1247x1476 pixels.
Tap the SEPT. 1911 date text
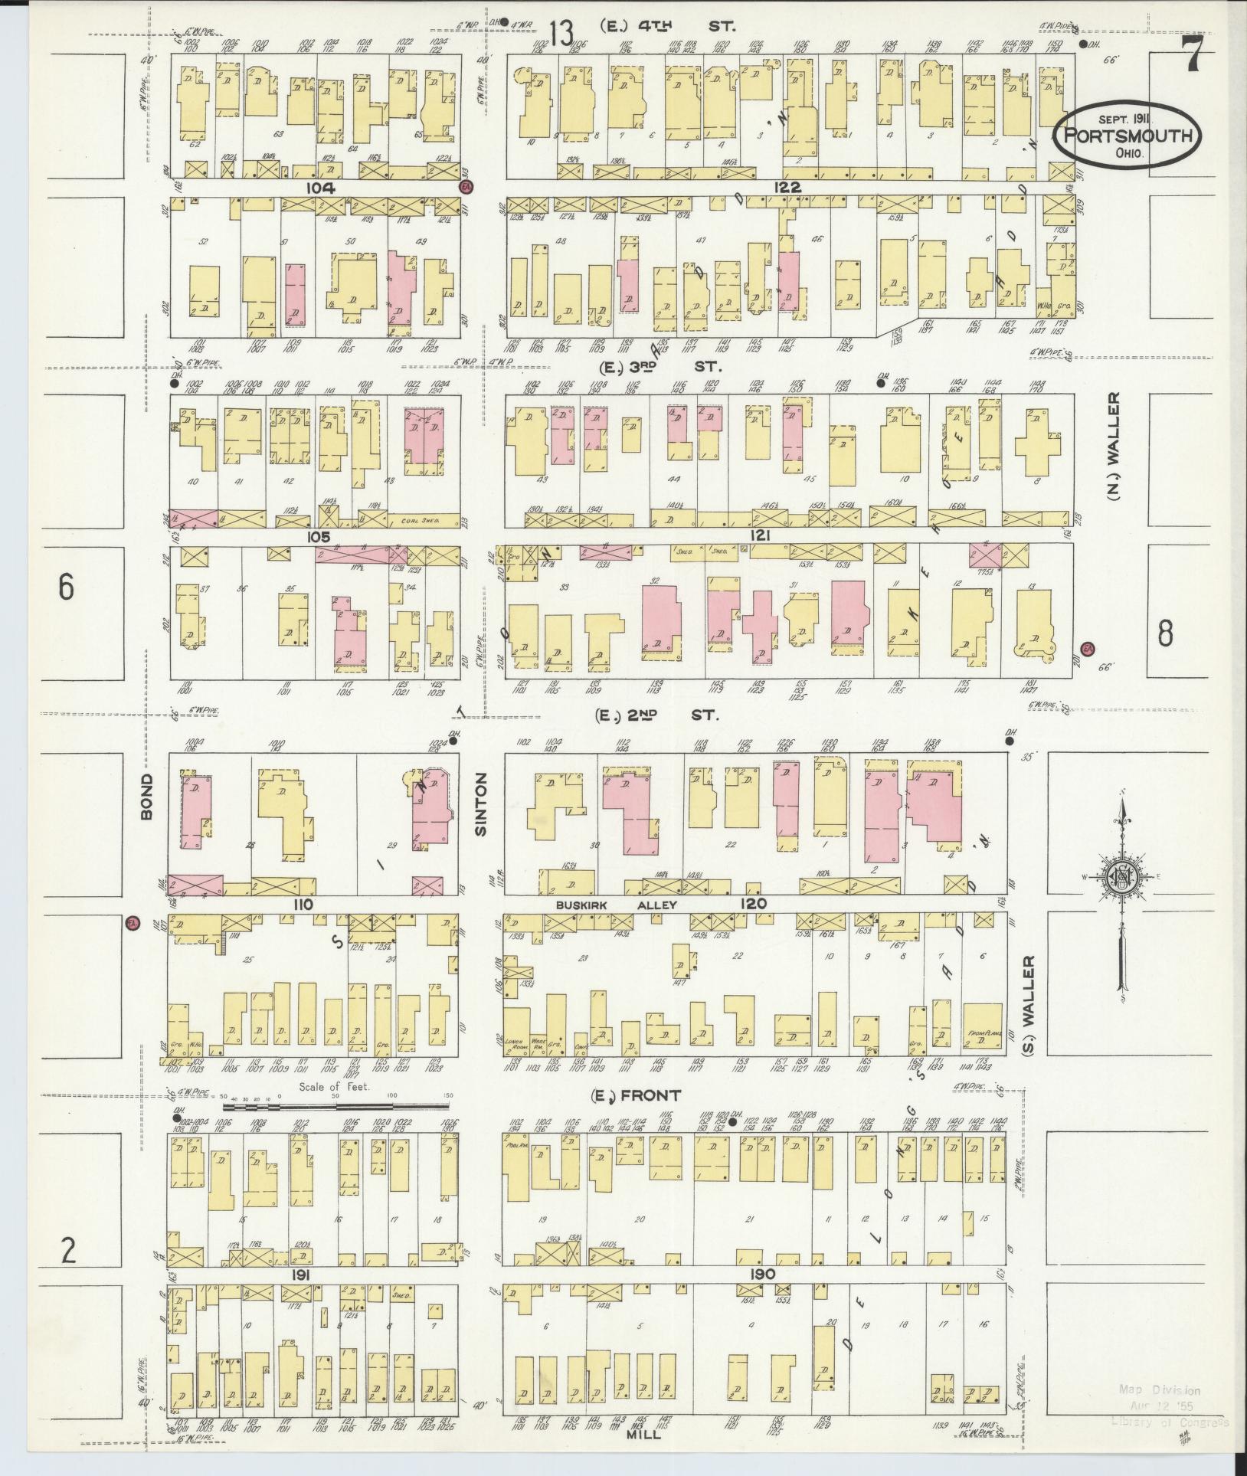1127,119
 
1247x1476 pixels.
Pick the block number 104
318,188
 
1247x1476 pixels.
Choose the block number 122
787,188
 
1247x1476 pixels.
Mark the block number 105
318,537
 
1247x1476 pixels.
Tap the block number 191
299,1274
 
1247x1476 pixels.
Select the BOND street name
148,797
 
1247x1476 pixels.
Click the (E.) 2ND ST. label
657,715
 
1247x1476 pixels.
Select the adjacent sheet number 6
67,587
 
